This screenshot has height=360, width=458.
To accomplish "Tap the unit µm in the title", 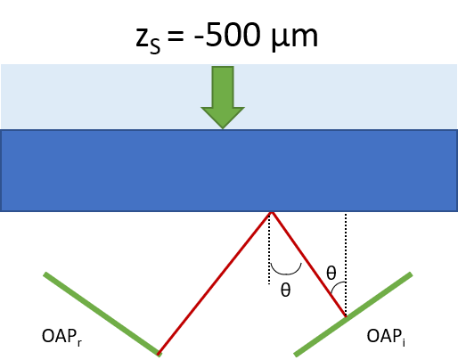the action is pos(295,37).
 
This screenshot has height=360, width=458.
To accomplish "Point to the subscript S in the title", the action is pos(155,46).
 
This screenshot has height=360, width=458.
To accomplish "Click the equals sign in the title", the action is pos(176,36).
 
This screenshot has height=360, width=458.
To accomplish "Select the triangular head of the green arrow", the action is pos(223,118).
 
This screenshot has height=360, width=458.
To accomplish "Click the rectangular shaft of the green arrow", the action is pos(223,86).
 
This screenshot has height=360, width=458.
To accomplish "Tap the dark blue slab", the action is pos(229,170).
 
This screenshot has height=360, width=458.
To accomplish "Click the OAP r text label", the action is pos(61,337).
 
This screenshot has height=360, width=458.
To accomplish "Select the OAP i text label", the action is pos(386,337).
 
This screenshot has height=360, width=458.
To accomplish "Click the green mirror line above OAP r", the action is pos(102,314).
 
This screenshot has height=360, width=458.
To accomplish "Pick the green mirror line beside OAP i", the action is pos(353,314).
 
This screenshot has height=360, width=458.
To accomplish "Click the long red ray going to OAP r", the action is pos(215,282).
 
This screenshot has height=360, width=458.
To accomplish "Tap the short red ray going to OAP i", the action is pos(309,264).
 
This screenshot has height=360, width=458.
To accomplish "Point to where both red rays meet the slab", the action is pos(272,212).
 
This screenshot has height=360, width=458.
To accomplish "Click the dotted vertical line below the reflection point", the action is pos(269,249).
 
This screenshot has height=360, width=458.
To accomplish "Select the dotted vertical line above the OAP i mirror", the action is pos(346,265).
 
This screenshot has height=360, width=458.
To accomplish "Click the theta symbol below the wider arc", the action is pos(285,290).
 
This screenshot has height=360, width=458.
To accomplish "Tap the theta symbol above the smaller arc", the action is pos(331,273).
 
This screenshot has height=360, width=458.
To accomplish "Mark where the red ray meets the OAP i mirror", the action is pos(346,316).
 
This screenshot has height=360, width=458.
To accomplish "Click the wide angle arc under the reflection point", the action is pos(286,273).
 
